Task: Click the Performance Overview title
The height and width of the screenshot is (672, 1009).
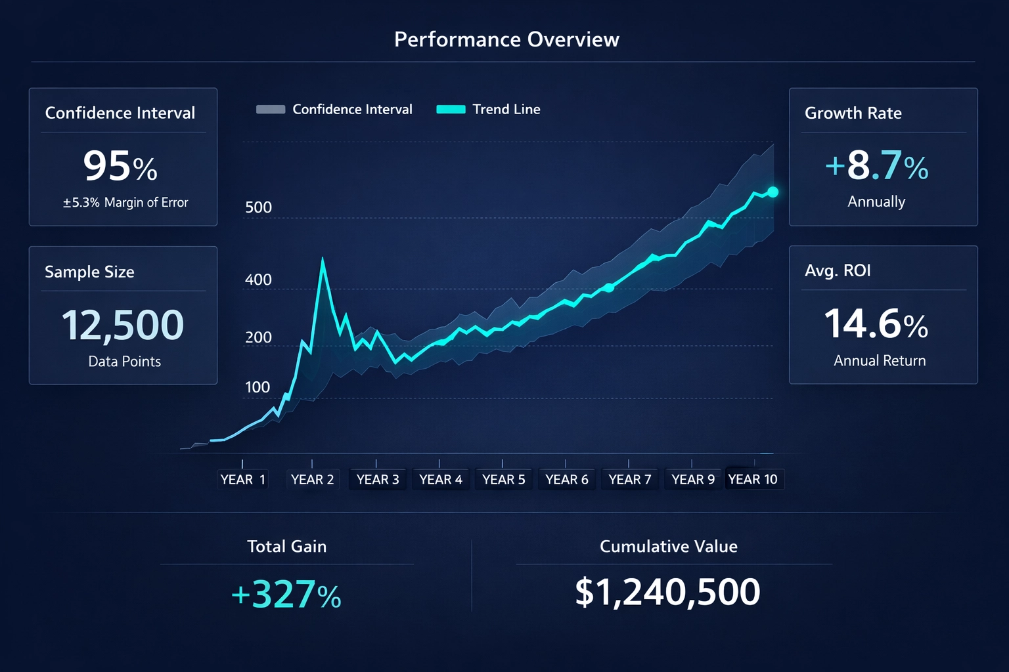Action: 506,39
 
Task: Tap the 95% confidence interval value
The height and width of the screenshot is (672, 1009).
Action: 120,166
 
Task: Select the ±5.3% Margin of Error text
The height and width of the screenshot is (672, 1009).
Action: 125,203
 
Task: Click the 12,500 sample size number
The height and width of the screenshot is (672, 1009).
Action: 123,325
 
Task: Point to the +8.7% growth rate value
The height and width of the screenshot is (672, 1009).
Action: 876,165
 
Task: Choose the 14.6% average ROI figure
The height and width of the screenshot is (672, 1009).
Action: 876,324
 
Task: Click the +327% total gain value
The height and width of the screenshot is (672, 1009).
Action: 286,595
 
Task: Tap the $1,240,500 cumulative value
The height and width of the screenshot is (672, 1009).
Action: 667,592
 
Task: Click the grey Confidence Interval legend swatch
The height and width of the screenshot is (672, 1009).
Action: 270,110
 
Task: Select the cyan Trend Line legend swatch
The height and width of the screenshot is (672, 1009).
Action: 451,110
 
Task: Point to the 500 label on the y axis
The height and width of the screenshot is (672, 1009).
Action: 258,208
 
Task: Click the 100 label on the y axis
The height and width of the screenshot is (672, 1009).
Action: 258,387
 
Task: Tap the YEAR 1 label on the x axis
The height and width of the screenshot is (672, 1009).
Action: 242,480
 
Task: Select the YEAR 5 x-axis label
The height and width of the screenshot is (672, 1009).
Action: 503,480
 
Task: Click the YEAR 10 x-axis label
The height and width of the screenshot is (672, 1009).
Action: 753,480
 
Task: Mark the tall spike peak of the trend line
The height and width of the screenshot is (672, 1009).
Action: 323,259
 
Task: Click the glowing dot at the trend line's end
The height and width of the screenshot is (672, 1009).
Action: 773,192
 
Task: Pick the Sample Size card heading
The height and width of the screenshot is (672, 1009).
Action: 89,272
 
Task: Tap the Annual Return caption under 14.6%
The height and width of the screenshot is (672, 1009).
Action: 880,361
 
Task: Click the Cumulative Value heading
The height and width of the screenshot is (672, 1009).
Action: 668,547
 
